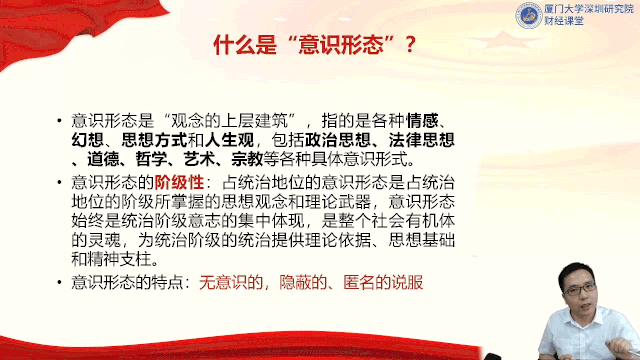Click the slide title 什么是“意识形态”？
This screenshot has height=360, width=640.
pos(315,45)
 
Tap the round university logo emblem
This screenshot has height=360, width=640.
pos(529,16)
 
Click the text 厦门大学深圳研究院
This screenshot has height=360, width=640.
pos(589,9)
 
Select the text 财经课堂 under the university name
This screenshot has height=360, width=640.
pos(564,21)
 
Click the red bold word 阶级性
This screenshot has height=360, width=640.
pos(179,182)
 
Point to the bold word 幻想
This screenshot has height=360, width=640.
pos(87,140)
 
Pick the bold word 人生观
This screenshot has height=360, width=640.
pos(229,140)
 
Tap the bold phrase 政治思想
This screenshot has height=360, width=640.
pos(338,140)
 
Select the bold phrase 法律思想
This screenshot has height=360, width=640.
pos(422,140)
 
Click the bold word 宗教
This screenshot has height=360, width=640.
pos(247,159)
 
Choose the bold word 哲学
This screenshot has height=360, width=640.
pos(151,159)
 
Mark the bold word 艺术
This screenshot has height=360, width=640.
pos(199,159)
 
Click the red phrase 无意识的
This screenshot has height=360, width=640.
pos(231,282)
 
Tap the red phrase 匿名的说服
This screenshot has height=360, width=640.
pos(383,282)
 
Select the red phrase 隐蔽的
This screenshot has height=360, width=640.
pos(303,282)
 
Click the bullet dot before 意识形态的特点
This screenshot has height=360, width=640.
pos(60,282)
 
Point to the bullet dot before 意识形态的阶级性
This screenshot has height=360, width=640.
pos(60,182)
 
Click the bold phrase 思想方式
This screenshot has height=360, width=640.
pos(154,140)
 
